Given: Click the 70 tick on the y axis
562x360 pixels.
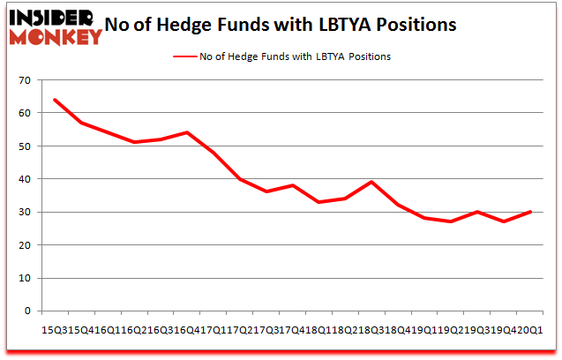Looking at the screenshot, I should (24, 80).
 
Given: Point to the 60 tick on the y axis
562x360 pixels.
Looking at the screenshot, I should (24, 113).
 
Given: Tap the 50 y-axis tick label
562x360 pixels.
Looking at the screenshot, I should (24, 146).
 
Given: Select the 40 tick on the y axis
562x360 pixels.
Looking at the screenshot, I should (24, 179).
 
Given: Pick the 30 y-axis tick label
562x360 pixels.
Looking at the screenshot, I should (24, 212).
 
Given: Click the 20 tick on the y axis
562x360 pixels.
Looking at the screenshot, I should (24, 245).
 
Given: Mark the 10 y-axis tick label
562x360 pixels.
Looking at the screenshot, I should (24, 278).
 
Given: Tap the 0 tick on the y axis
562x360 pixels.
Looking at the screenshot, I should (26, 311).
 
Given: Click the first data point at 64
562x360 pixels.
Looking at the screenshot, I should (55, 100).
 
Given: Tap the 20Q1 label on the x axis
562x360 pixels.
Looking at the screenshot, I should (531, 329).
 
